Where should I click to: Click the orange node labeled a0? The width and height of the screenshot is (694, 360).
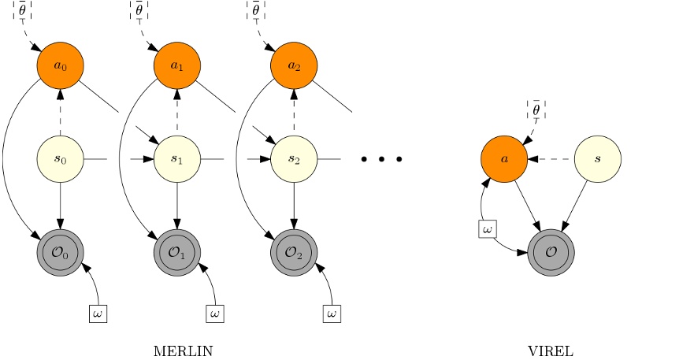pos(61,65)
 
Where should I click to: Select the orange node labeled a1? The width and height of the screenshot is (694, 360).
pos(177,65)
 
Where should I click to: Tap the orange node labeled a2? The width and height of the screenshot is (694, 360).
pos(294,65)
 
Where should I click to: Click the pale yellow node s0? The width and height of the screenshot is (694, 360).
pos(61,159)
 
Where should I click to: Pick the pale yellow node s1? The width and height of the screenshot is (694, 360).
pos(177,159)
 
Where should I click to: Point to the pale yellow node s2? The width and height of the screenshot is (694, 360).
pos(294,159)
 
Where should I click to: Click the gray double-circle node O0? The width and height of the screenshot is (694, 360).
pos(61,253)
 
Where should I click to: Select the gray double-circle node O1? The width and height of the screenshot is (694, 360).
pos(177,253)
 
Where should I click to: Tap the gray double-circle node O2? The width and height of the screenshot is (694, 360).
pos(294,253)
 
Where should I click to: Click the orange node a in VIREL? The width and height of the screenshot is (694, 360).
pos(504,159)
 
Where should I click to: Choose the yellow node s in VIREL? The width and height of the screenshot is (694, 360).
pos(598,159)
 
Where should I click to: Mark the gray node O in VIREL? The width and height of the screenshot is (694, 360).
pos(551,253)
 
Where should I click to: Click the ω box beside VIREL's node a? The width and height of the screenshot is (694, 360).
pos(488,228)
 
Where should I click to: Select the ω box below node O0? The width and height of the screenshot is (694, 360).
pos(98,314)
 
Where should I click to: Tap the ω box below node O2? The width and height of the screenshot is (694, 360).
pos(332,314)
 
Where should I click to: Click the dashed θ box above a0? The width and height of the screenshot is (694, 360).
pos(22,10)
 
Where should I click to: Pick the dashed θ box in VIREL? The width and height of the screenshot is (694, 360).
pos(536,110)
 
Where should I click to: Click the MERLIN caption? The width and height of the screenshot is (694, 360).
pos(183,351)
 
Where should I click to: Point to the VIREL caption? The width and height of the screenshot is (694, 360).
pos(551,351)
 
